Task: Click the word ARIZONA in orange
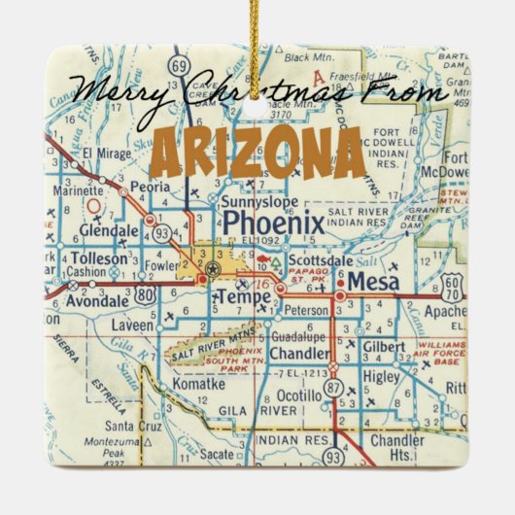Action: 257,154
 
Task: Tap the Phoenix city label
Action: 273,225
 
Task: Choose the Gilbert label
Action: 386,347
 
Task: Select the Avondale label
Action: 102,298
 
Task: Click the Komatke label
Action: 196,385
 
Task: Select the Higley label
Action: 383,375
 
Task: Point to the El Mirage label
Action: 104,153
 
